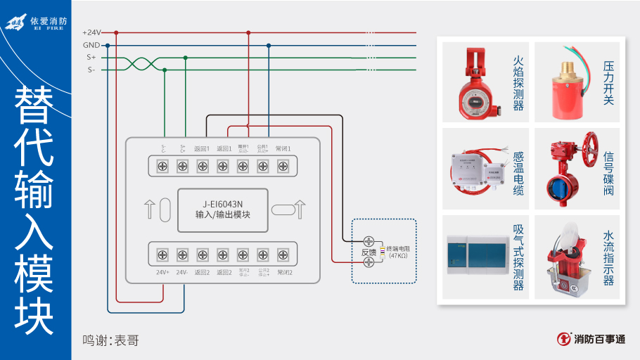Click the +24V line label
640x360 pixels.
[x=91, y=32]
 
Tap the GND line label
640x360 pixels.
[x=91, y=45]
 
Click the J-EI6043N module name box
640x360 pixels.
[x=222, y=209]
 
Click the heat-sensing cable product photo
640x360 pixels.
[x=475, y=169]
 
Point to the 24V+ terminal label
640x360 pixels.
[x=162, y=272]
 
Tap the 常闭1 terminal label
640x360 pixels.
[x=283, y=148]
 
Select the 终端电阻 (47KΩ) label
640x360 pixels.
[x=398, y=252]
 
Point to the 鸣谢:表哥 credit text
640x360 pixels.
[x=110, y=341]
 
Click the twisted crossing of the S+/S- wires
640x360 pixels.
[x=142, y=64]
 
